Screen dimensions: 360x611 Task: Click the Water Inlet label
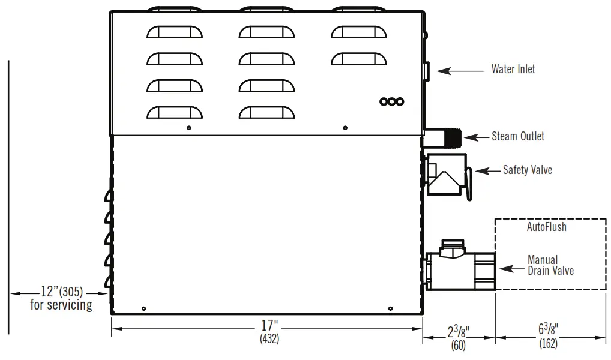513,69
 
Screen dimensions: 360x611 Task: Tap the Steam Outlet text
518,136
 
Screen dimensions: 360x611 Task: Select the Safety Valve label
527,170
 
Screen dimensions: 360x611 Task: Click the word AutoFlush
546,227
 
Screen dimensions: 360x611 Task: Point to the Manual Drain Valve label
550,265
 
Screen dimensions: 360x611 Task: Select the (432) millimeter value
269,339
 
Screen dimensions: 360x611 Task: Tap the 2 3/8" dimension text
458,331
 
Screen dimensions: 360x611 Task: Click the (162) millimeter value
549,344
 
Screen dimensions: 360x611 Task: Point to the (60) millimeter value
458,345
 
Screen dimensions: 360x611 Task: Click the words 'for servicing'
61,305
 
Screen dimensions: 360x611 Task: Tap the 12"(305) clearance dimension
61,292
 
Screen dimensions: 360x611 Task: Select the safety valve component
447,174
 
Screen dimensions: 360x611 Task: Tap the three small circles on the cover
391,101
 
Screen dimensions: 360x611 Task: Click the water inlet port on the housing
426,71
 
